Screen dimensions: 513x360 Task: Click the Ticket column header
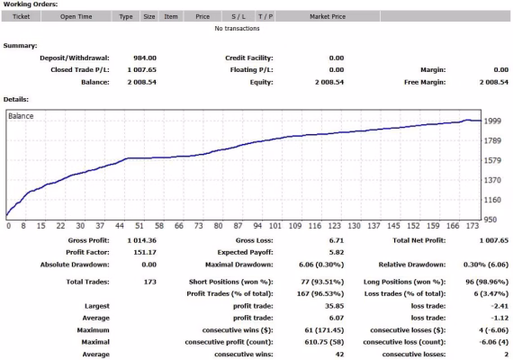(21, 16)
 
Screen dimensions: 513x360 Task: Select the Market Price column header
(328, 16)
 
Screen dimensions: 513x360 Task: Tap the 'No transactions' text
(237, 29)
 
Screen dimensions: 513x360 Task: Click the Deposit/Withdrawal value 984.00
(145, 58)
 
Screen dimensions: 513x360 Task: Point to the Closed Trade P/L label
(80, 69)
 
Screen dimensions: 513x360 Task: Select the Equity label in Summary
(261, 82)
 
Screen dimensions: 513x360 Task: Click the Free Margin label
(425, 82)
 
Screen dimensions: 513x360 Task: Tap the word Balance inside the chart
(21, 116)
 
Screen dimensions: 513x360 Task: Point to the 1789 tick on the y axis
(492, 140)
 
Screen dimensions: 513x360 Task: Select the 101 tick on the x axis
(275, 226)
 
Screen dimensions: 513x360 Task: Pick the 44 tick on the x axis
(120, 226)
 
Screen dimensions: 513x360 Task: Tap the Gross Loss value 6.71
(337, 240)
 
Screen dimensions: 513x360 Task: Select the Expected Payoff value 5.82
(337, 252)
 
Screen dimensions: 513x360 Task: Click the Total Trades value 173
(149, 282)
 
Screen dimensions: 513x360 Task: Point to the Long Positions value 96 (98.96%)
(487, 282)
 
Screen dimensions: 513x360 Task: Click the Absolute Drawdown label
(75, 265)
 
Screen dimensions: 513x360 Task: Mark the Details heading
(16, 99)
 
